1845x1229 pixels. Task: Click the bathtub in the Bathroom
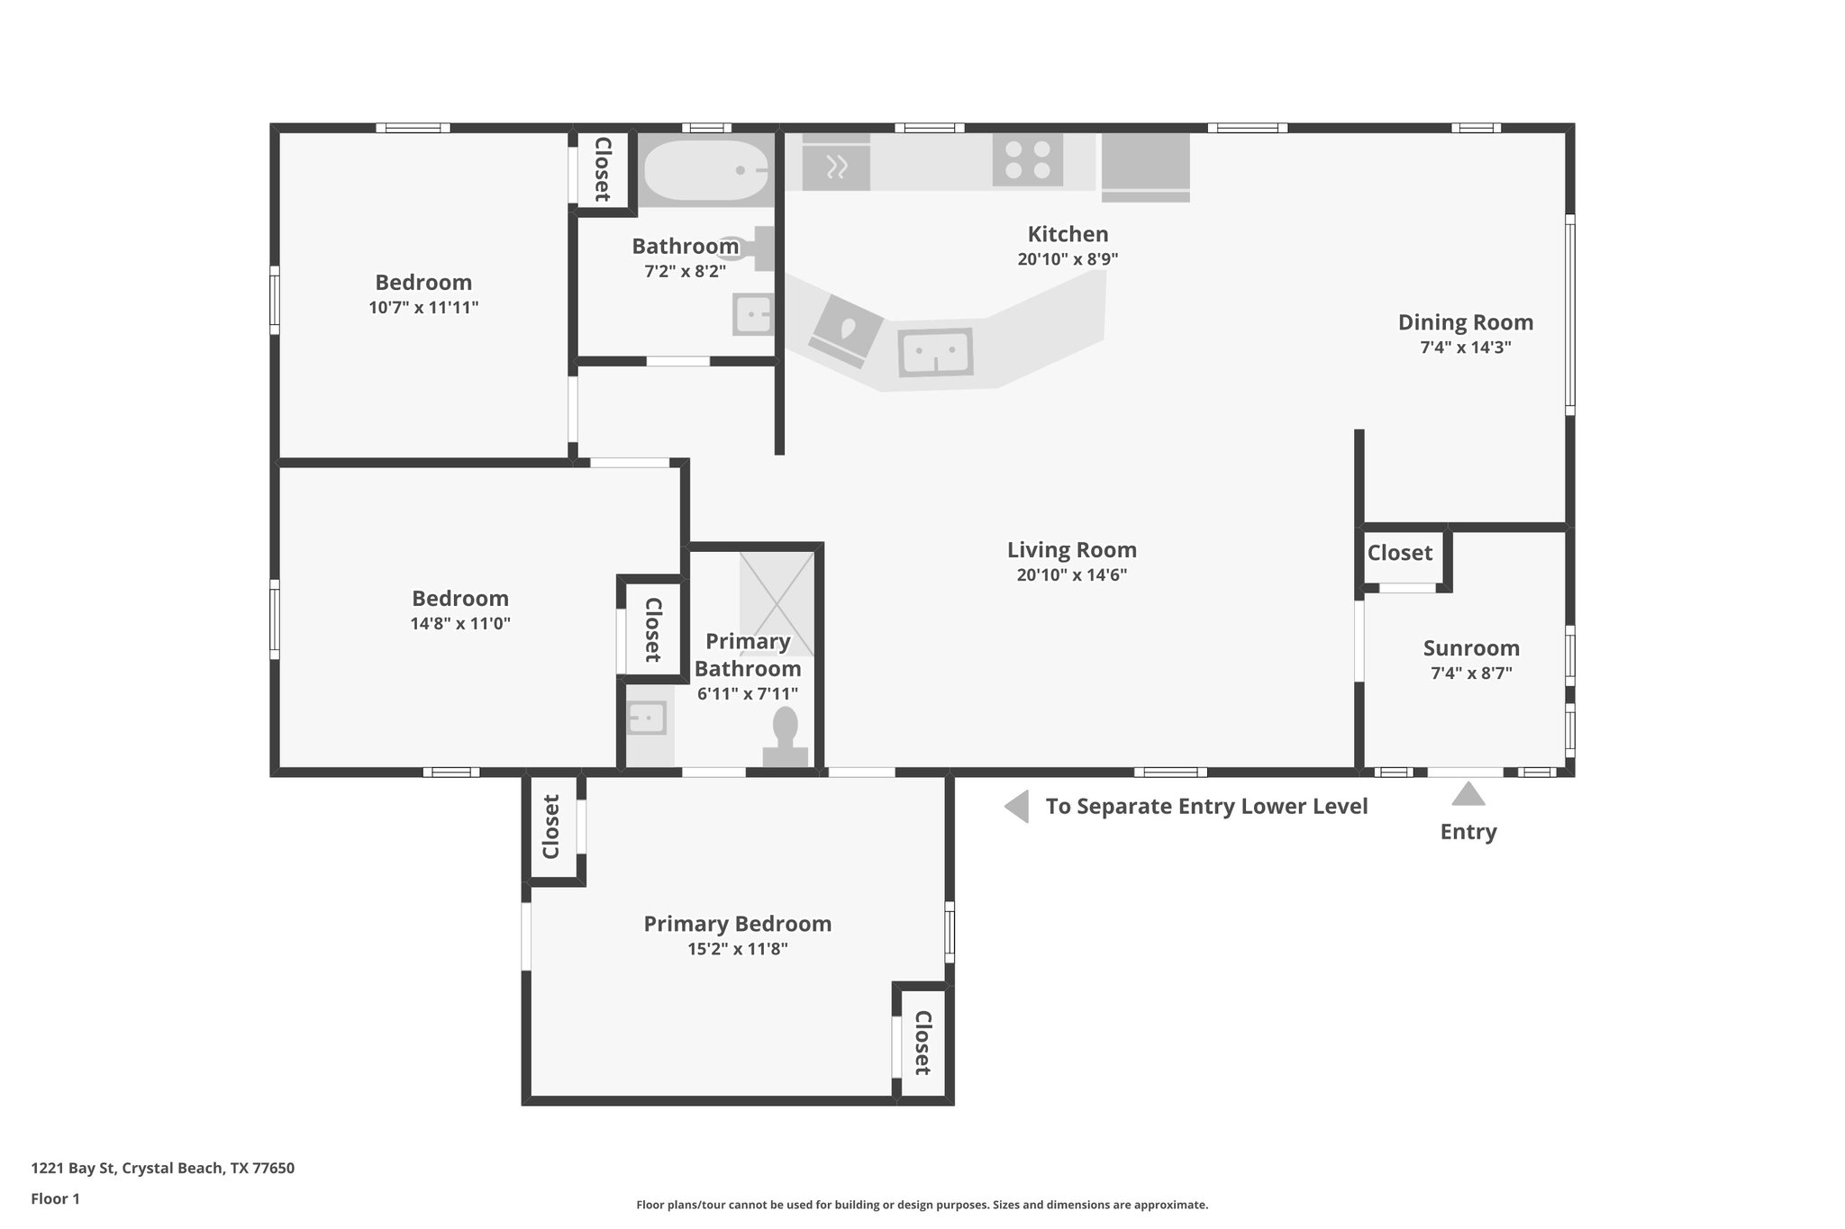point(704,170)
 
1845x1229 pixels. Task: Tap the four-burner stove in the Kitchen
point(1028,159)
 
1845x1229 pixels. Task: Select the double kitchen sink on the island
point(935,351)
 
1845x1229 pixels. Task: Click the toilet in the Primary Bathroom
point(786,736)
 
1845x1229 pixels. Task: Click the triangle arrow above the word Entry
point(1468,794)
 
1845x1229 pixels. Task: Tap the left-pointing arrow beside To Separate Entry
point(1017,807)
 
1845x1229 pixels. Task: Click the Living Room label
point(1071,550)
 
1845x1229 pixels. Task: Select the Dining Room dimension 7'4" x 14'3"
point(1465,348)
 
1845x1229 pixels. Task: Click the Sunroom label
point(1470,648)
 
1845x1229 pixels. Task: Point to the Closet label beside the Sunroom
point(1399,553)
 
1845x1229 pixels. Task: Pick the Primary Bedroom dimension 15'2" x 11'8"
point(737,949)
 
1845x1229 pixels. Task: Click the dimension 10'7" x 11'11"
point(423,308)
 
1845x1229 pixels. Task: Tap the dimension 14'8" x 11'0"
point(459,623)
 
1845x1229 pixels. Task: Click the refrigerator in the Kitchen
point(1145,166)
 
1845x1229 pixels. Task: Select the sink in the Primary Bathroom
point(647,718)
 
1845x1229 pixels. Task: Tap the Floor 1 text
point(55,1198)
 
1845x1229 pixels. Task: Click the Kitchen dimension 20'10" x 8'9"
point(1068,259)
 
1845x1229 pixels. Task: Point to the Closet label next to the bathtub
point(603,169)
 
